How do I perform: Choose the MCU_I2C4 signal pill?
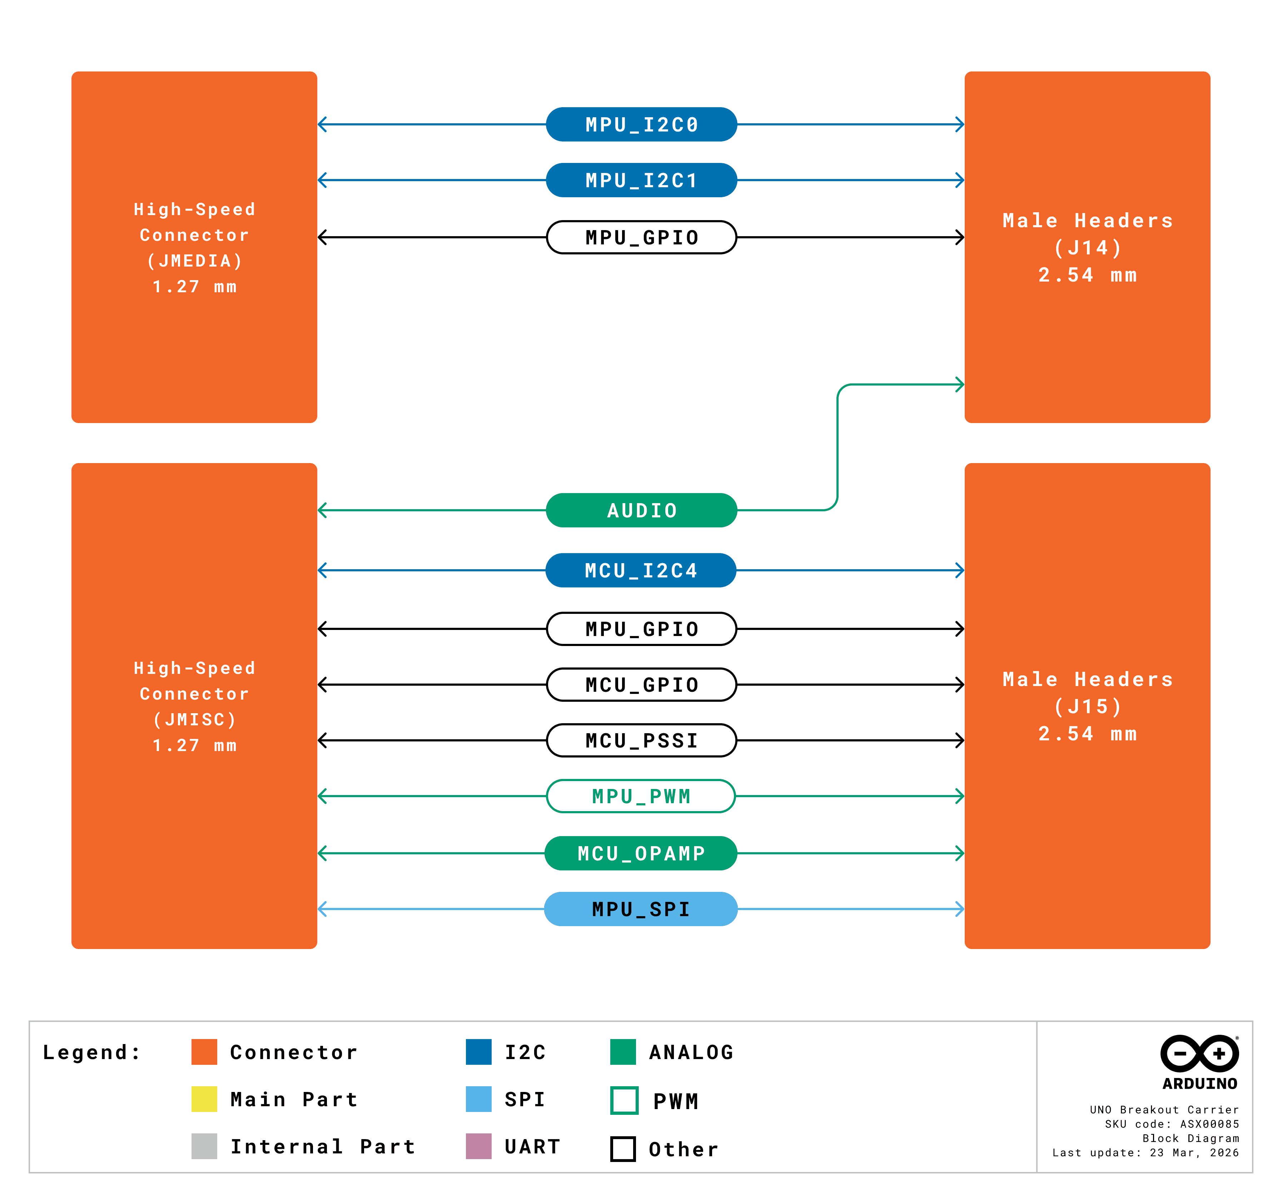tap(641, 570)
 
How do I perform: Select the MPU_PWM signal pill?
tap(641, 796)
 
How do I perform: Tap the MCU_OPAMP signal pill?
tap(641, 853)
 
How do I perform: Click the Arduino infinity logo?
tap(1199, 1054)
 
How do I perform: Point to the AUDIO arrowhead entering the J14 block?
tap(960, 384)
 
